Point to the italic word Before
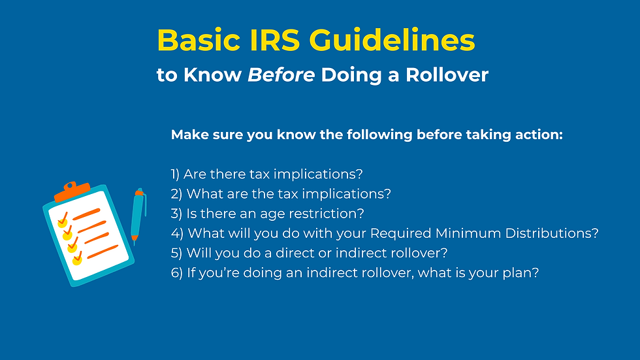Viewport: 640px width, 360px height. tap(281, 75)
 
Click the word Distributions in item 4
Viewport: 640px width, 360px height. tap(554, 233)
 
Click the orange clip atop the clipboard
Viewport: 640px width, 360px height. tap(72, 191)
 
